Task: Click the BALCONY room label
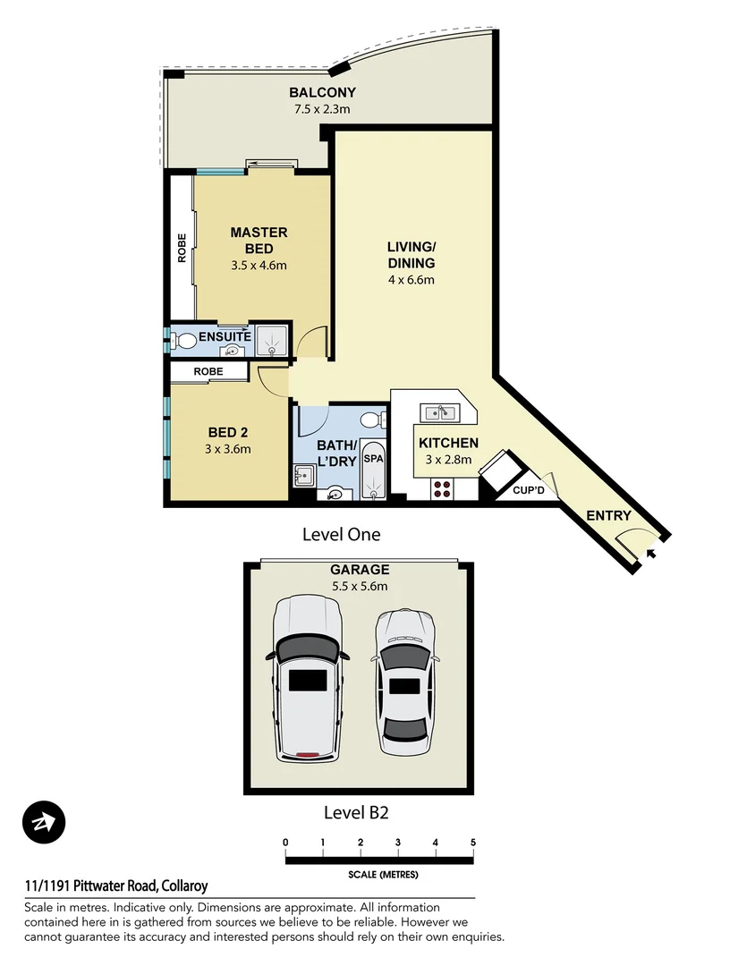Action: (x=322, y=92)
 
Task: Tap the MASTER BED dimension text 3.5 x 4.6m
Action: (x=258, y=265)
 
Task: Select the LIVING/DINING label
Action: (x=411, y=255)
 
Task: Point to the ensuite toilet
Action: (x=185, y=341)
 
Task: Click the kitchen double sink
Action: (x=440, y=412)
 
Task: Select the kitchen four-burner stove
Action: (x=442, y=487)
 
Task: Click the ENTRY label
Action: (x=608, y=516)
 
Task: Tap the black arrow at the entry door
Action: (x=650, y=554)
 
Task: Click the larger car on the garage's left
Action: (x=308, y=679)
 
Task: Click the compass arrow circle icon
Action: (x=44, y=821)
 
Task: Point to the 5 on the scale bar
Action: (x=472, y=843)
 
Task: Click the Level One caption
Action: (x=341, y=535)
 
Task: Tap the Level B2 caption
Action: (x=355, y=813)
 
